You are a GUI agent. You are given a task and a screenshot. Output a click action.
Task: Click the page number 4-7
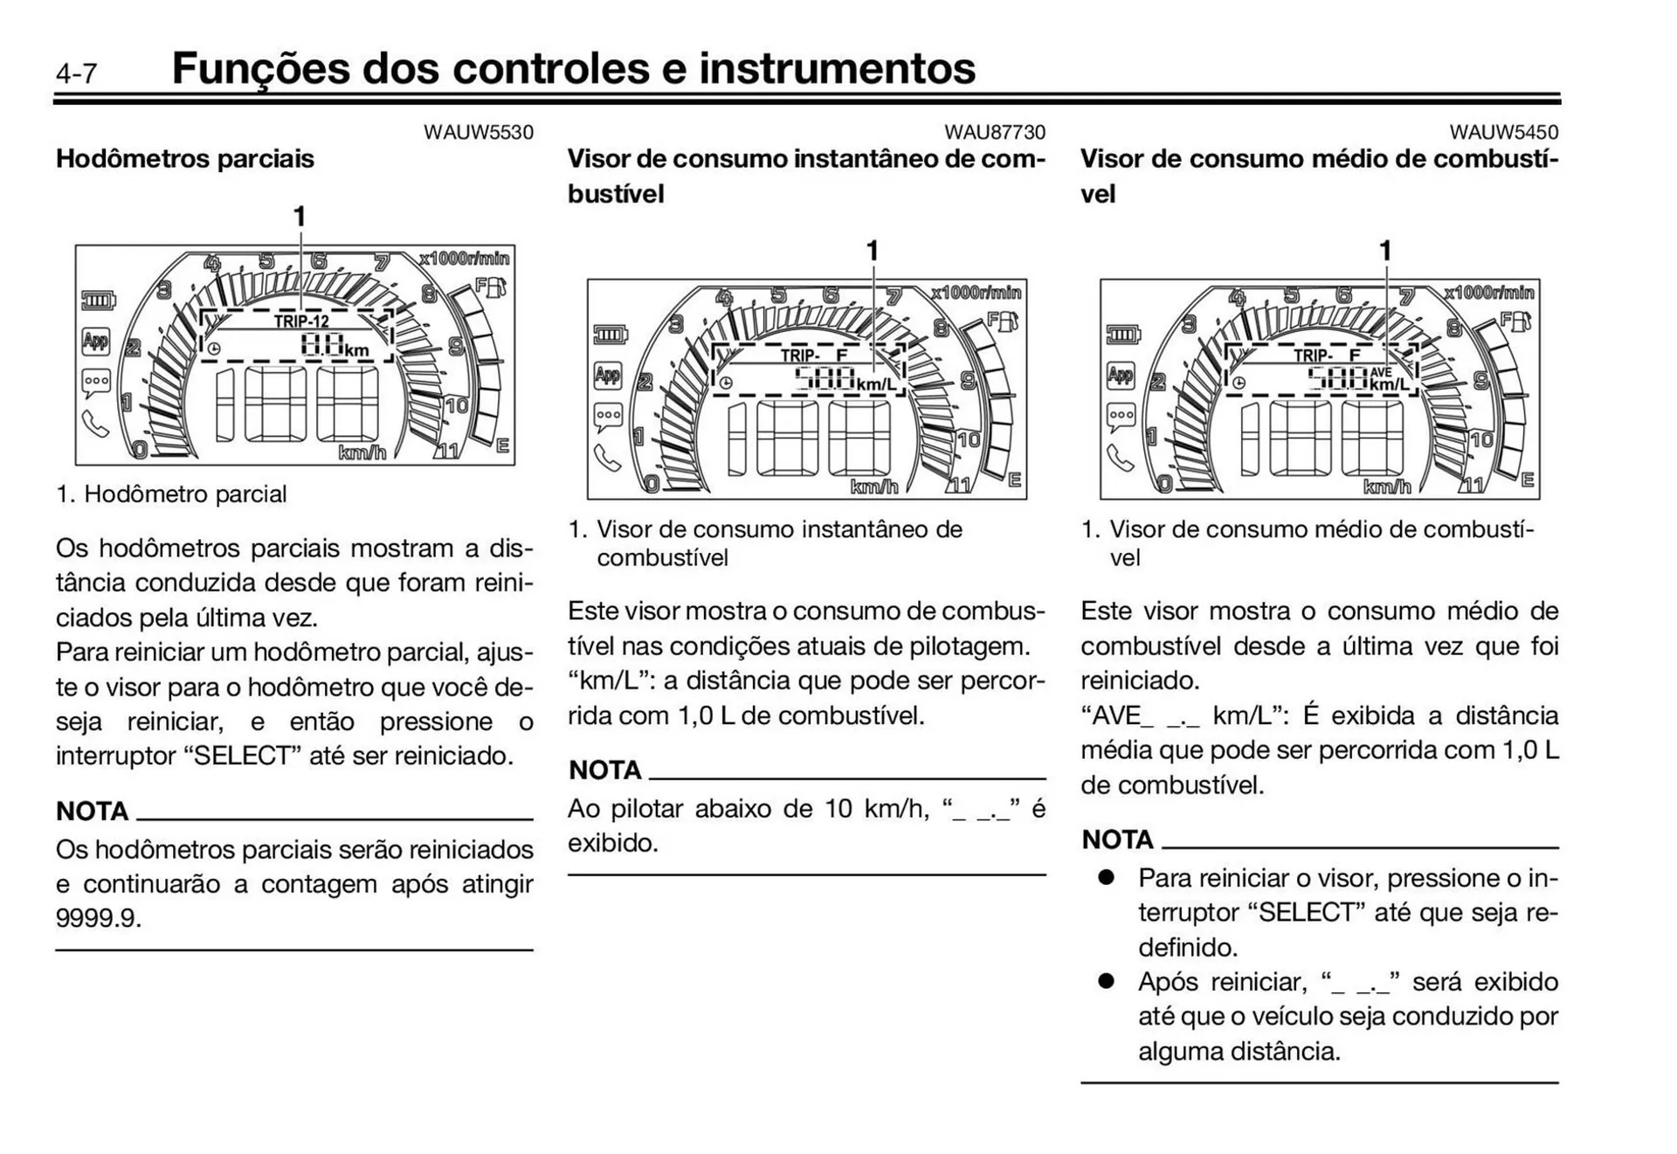click(77, 73)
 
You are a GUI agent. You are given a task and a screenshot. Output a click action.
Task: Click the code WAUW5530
click(478, 132)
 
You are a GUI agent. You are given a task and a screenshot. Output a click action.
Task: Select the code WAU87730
click(994, 132)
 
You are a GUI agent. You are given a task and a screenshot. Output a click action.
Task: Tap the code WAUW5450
click(1503, 132)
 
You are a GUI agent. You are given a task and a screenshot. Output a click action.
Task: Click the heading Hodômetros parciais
click(184, 159)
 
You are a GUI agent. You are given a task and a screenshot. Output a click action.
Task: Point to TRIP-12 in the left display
click(301, 321)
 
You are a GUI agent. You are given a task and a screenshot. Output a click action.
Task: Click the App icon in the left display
click(96, 341)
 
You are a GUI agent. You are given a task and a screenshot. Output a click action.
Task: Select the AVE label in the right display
click(1381, 372)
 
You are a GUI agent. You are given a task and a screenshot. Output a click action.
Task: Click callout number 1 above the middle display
click(871, 251)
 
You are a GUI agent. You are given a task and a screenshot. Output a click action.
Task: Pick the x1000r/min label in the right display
click(1488, 293)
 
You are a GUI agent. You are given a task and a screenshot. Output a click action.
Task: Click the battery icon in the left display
click(98, 301)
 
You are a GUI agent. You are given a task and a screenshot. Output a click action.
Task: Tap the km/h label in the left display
click(362, 453)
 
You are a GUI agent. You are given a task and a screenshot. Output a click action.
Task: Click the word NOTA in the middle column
click(604, 770)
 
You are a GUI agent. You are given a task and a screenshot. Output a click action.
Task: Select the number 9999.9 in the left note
click(98, 918)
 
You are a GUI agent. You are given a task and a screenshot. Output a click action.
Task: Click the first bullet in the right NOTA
click(1107, 877)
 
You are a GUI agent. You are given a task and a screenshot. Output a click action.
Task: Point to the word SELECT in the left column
click(242, 756)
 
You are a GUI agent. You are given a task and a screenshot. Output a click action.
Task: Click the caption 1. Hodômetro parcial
click(171, 494)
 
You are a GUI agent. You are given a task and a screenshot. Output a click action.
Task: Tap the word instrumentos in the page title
click(837, 68)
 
